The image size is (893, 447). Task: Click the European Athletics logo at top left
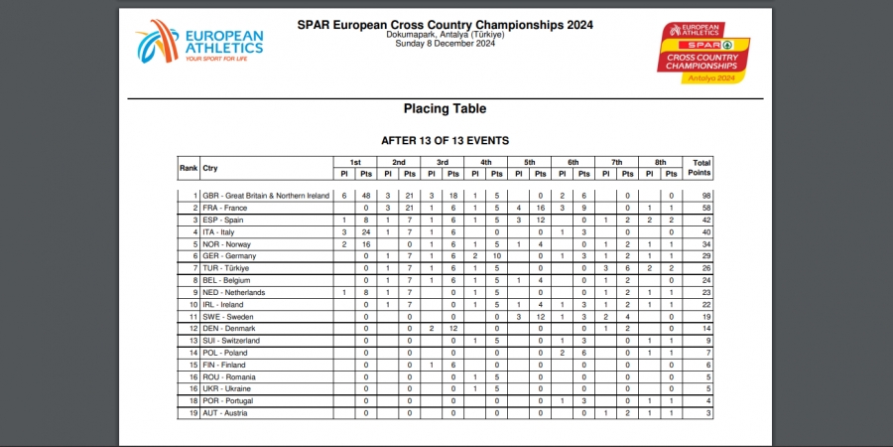[x=199, y=42]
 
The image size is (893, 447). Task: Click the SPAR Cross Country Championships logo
[x=703, y=53]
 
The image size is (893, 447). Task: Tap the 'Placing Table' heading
[x=445, y=108]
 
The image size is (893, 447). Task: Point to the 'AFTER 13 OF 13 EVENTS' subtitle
[x=445, y=140]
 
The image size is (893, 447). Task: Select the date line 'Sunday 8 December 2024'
[x=445, y=44]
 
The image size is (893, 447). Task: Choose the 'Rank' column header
[x=189, y=168]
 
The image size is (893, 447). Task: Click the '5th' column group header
[x=530, y=163]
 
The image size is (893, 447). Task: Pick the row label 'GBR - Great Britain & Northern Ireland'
[x=266, y=196]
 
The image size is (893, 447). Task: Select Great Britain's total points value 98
[x=706, y=196]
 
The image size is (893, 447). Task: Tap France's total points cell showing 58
[x=706, y=208]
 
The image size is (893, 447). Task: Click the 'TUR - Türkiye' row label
[x=225, y=268]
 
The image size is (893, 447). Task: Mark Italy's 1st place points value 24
[x=365, y=232]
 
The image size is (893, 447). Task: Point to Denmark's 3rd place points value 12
[x=453, y=329]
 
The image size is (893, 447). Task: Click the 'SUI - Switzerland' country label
[x=231, y=341]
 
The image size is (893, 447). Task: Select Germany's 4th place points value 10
[x=497, y=256]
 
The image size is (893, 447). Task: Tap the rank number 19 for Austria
[x=193, y=413]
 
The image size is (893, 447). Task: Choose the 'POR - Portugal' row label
[x=228, y=401]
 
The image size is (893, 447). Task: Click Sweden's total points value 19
[x=706, y=317]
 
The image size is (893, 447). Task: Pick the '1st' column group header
[x=355, y=163]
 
